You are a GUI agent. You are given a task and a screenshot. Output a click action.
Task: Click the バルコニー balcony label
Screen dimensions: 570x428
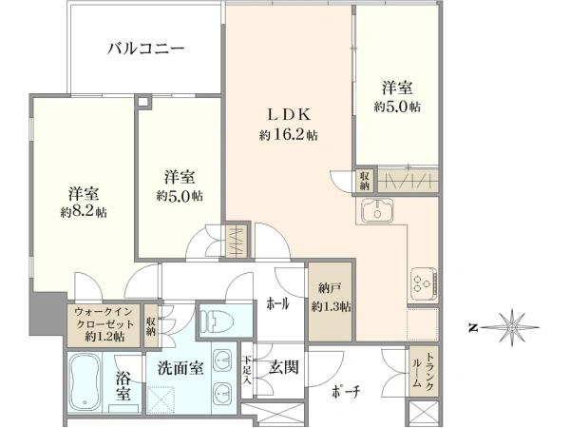(x=145, y=49)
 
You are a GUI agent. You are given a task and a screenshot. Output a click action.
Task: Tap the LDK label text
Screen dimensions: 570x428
(x=289, y=115)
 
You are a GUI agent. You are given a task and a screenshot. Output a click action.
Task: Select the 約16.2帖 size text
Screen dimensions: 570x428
(x=288, y=135)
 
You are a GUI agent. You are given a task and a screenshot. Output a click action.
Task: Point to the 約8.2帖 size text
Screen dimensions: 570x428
(x=84, y=212)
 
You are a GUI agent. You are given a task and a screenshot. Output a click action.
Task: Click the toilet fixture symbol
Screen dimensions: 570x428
(x=217, y=321)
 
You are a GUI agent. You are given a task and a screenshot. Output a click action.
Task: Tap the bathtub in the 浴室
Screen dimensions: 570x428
(x=85, y=382)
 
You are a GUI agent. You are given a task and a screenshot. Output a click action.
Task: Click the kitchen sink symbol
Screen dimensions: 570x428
(x=376, y=211)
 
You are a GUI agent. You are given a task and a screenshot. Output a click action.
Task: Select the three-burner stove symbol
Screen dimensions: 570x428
(x=424, y=283)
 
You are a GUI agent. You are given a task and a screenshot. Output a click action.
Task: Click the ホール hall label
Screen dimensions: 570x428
(x=278, y=304)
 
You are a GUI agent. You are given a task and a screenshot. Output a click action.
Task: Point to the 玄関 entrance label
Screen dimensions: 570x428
(x=283, y=367)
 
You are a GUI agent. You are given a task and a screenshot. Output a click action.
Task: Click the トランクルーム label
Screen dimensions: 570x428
(x=423, y=370)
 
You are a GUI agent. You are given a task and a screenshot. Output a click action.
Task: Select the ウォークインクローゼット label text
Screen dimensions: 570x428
(x=104, y=318)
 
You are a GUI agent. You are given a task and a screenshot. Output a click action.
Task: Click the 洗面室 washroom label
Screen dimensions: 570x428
(x=180, y=369)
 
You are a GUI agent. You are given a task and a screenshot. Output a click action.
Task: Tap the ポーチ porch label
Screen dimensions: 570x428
(x=346, y=392)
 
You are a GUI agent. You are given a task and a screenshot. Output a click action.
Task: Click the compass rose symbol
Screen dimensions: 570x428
(x=512, y=328)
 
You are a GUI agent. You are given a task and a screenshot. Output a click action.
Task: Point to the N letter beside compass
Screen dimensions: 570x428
(x=472, y=328)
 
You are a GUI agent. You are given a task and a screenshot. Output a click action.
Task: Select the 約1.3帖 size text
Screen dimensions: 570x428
(x=331, y=307)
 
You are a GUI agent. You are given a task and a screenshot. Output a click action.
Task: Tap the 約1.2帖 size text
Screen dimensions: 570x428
(x=104, y=337)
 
